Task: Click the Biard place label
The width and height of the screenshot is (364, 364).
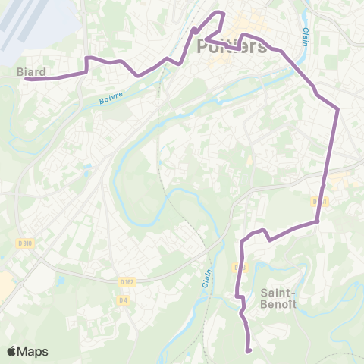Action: [31, 73]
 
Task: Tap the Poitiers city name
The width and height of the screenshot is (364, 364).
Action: [231, 47]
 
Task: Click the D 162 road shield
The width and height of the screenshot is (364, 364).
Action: [127, 282]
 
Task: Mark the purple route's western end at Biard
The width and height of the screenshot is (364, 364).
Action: [26, 79]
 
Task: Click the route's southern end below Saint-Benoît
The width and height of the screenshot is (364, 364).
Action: [249, 351]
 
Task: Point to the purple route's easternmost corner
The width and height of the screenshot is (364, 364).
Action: [337, 109]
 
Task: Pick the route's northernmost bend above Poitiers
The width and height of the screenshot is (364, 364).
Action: [221, 12]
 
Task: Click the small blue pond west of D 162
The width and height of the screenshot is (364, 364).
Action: [60, 281]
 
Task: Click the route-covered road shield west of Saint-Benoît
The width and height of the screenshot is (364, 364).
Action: [239, 268]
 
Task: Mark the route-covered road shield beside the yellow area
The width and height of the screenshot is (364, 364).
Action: [320, 202]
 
